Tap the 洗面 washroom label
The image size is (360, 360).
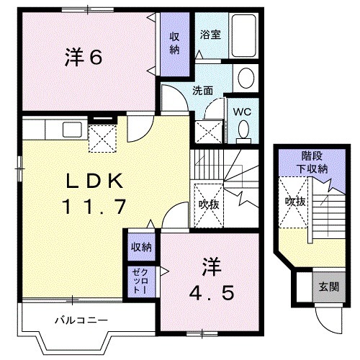click(202, 91)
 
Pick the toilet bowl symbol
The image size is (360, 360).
click(243, 129)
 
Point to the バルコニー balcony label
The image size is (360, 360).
click(83, 319)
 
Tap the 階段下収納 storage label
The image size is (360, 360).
click(312, 162)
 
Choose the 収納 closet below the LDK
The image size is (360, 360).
click(141, 247)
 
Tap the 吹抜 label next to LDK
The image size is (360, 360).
click(209, 204)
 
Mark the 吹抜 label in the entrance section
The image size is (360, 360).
click(294, 202)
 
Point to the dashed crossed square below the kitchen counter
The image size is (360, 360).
click(102, 138)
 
